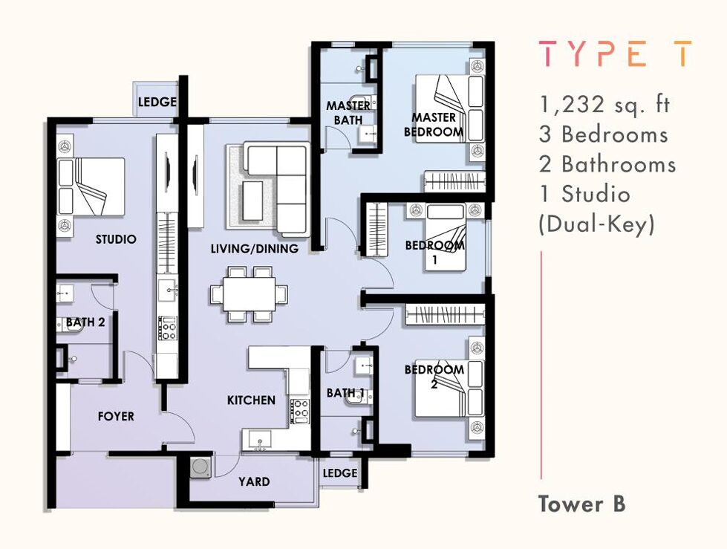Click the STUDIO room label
pyautogui.click(x=116, y=239)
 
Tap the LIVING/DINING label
pyautogui.click(x=255, y=249)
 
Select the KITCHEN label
pyautogui.click(x=251, y=400)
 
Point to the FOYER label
pyautogui.click(x=116, y=416)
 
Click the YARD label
pyautogui.click(x=254, y=481)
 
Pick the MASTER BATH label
pyautogui.click(x=348, y=113)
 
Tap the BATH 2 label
pyautogui.click(x=85, y=322)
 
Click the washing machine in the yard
pyautogui.click(x=201, y=467)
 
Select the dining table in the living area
pyautogui.click(x=249, y=294)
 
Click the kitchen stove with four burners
pyautogui.click(x=299, y=411)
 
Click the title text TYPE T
pyautogui.click(x=615, y=53)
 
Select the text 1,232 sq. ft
pyautogui.click(x=604, y=105)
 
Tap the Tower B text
pyautogui.click(x=582, y=504)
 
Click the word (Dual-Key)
pyautogui.click(x=597, y=225)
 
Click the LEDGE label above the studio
pyautogui.click(x=157, y=102)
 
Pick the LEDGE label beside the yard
pyautogui.click(x=340, y=473)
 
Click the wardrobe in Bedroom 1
pyautogui.click(x=376, y=230)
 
